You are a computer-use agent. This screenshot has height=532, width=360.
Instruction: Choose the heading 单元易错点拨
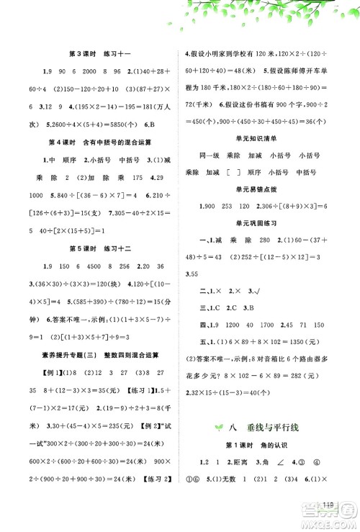coord(264,191)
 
